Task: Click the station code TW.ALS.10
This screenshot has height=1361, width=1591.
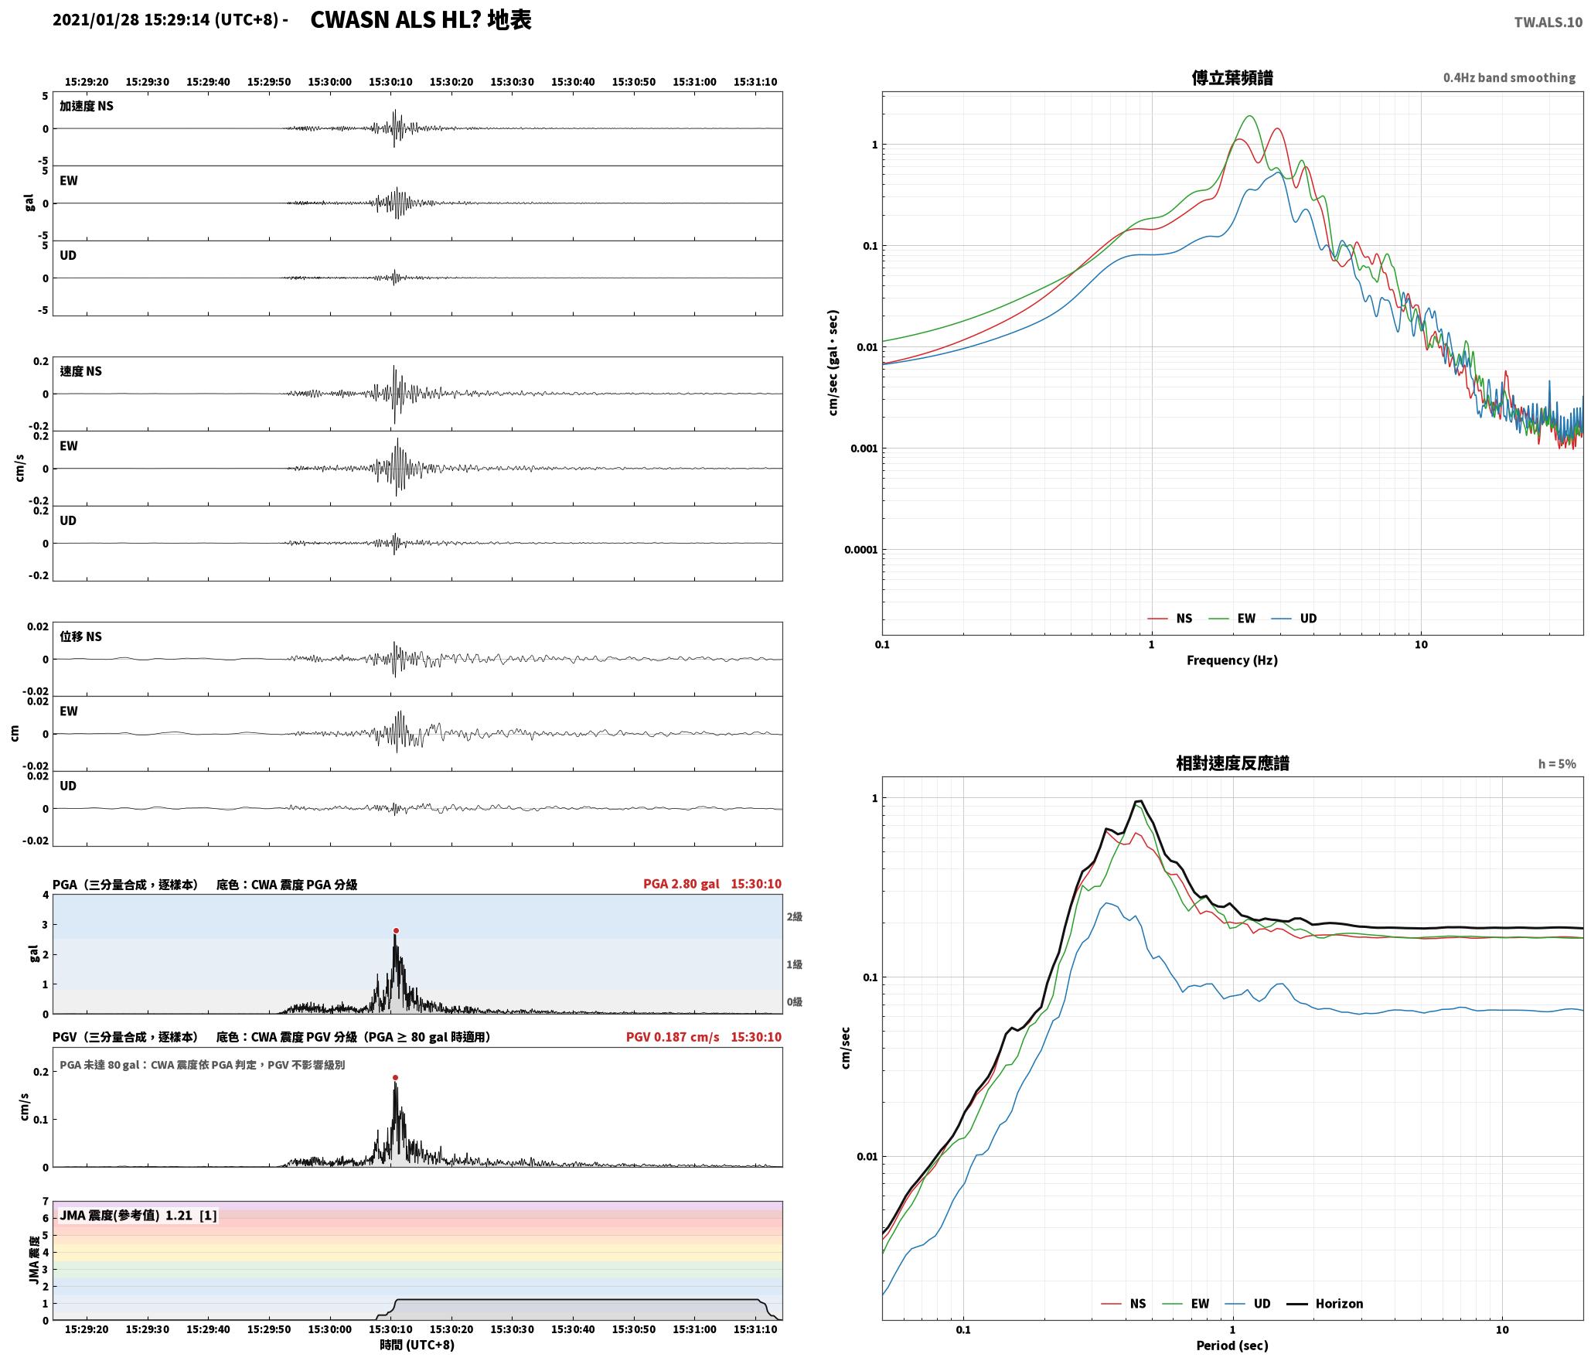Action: (x=1548, y=22)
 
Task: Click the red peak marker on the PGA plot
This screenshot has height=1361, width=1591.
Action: (x=396, y=931)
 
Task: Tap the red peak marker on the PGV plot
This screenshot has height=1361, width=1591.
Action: (x=395, y=1077)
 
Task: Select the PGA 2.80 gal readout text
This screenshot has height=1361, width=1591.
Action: (x=681, y=884)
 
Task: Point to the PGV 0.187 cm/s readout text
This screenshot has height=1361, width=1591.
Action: (x=673, y=1037)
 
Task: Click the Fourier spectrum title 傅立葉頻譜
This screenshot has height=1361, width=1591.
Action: (x=1232, y=77)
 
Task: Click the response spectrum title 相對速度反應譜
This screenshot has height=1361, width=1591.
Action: (x=1232, y=763)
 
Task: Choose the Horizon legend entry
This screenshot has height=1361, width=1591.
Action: (x=1325, y=1304)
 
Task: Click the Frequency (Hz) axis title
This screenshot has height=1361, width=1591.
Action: (x=1232, y=660)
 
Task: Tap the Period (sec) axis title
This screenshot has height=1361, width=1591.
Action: (x=1232, y=1346)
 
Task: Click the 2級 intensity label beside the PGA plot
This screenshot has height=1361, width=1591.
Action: (x=795, y=916)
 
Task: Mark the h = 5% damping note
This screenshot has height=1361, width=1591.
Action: (x=1557, y=764)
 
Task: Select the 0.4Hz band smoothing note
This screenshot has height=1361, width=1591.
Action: (x=1509, y=77)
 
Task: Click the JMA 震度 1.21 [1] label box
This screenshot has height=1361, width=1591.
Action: (x=138, y=1216)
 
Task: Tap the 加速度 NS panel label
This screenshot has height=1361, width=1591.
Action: (x=87, y=106)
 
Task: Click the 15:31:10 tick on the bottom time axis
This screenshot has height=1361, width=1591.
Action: (x=755, y=1330)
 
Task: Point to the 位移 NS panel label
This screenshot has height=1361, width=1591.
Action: (x=80, y=636)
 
